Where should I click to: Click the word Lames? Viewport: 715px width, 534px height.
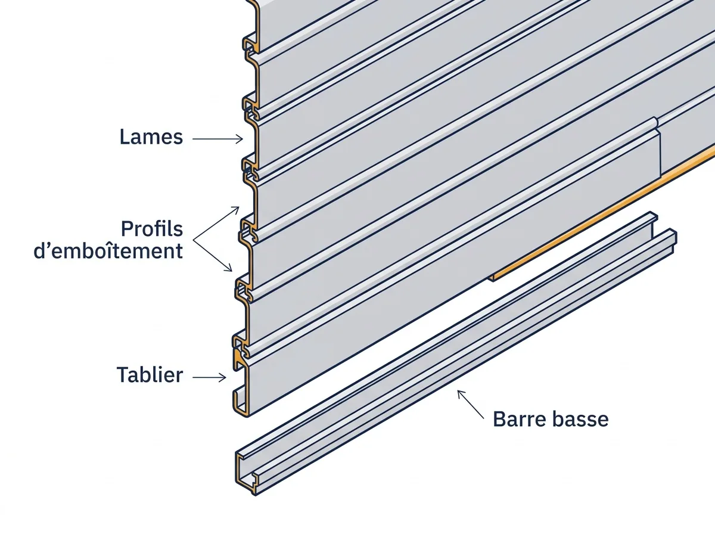pos(151,137)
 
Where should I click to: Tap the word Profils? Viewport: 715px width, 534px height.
pos(152,229)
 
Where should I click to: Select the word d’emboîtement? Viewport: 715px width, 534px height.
pos(108,251)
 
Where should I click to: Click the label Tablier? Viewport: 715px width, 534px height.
pos(150,375)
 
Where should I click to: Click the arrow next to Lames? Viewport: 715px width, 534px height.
pos(217,139)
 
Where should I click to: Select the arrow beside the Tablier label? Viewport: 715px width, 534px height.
pos(209,378)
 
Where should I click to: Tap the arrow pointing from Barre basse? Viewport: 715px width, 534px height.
pos(471,404)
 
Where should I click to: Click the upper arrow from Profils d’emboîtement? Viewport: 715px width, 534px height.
pos(216,223)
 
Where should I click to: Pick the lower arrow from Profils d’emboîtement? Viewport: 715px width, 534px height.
pos(212,256)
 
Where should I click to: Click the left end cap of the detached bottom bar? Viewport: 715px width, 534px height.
pos(246,473)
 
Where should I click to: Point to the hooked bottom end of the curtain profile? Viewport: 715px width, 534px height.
pos(241,402)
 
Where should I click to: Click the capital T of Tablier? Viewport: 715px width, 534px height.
pos(123,375)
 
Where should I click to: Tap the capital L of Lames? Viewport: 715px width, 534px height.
pos(125,137)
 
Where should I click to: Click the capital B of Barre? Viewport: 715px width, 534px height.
pos(499,419)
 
